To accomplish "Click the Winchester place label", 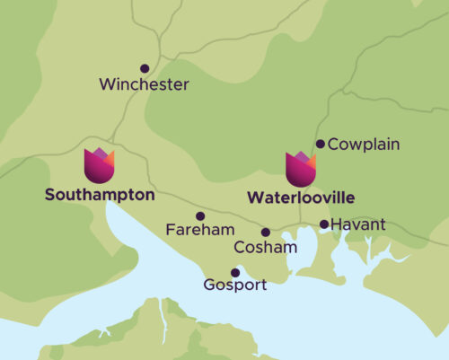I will click(x=145, y=85).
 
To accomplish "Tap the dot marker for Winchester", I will click(x=144, y=67).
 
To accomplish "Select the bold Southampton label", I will click(x=99, y=194).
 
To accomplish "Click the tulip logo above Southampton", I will click(x=99, y=165).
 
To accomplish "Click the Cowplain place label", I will click(x=364, y=145).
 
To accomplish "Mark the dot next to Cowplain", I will click(x=320, y=144).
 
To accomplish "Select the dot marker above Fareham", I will click(x=200, y=215).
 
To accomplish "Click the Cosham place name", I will click(x=260, y=247).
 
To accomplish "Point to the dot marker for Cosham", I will click(x=265, y=232).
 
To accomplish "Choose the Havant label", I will click(x=357, y=224).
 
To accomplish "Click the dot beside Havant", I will click(x=324, y=224).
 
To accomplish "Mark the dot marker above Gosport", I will click(x=235, y=272).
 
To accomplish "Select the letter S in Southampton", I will click(x=48, y=194).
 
